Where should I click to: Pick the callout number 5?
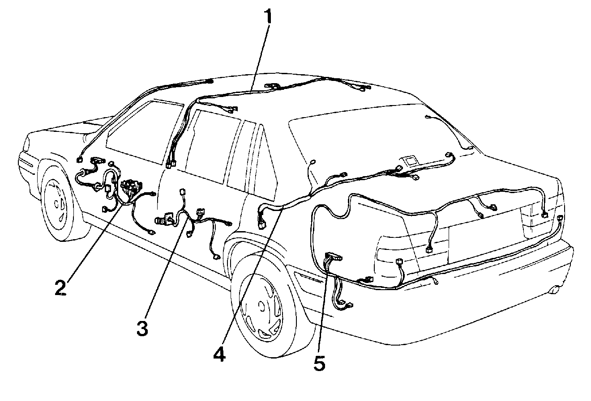point(320,363)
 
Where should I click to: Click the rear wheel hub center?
point(262,306)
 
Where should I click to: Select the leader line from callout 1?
point(259,57)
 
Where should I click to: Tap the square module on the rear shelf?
point(408,161)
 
